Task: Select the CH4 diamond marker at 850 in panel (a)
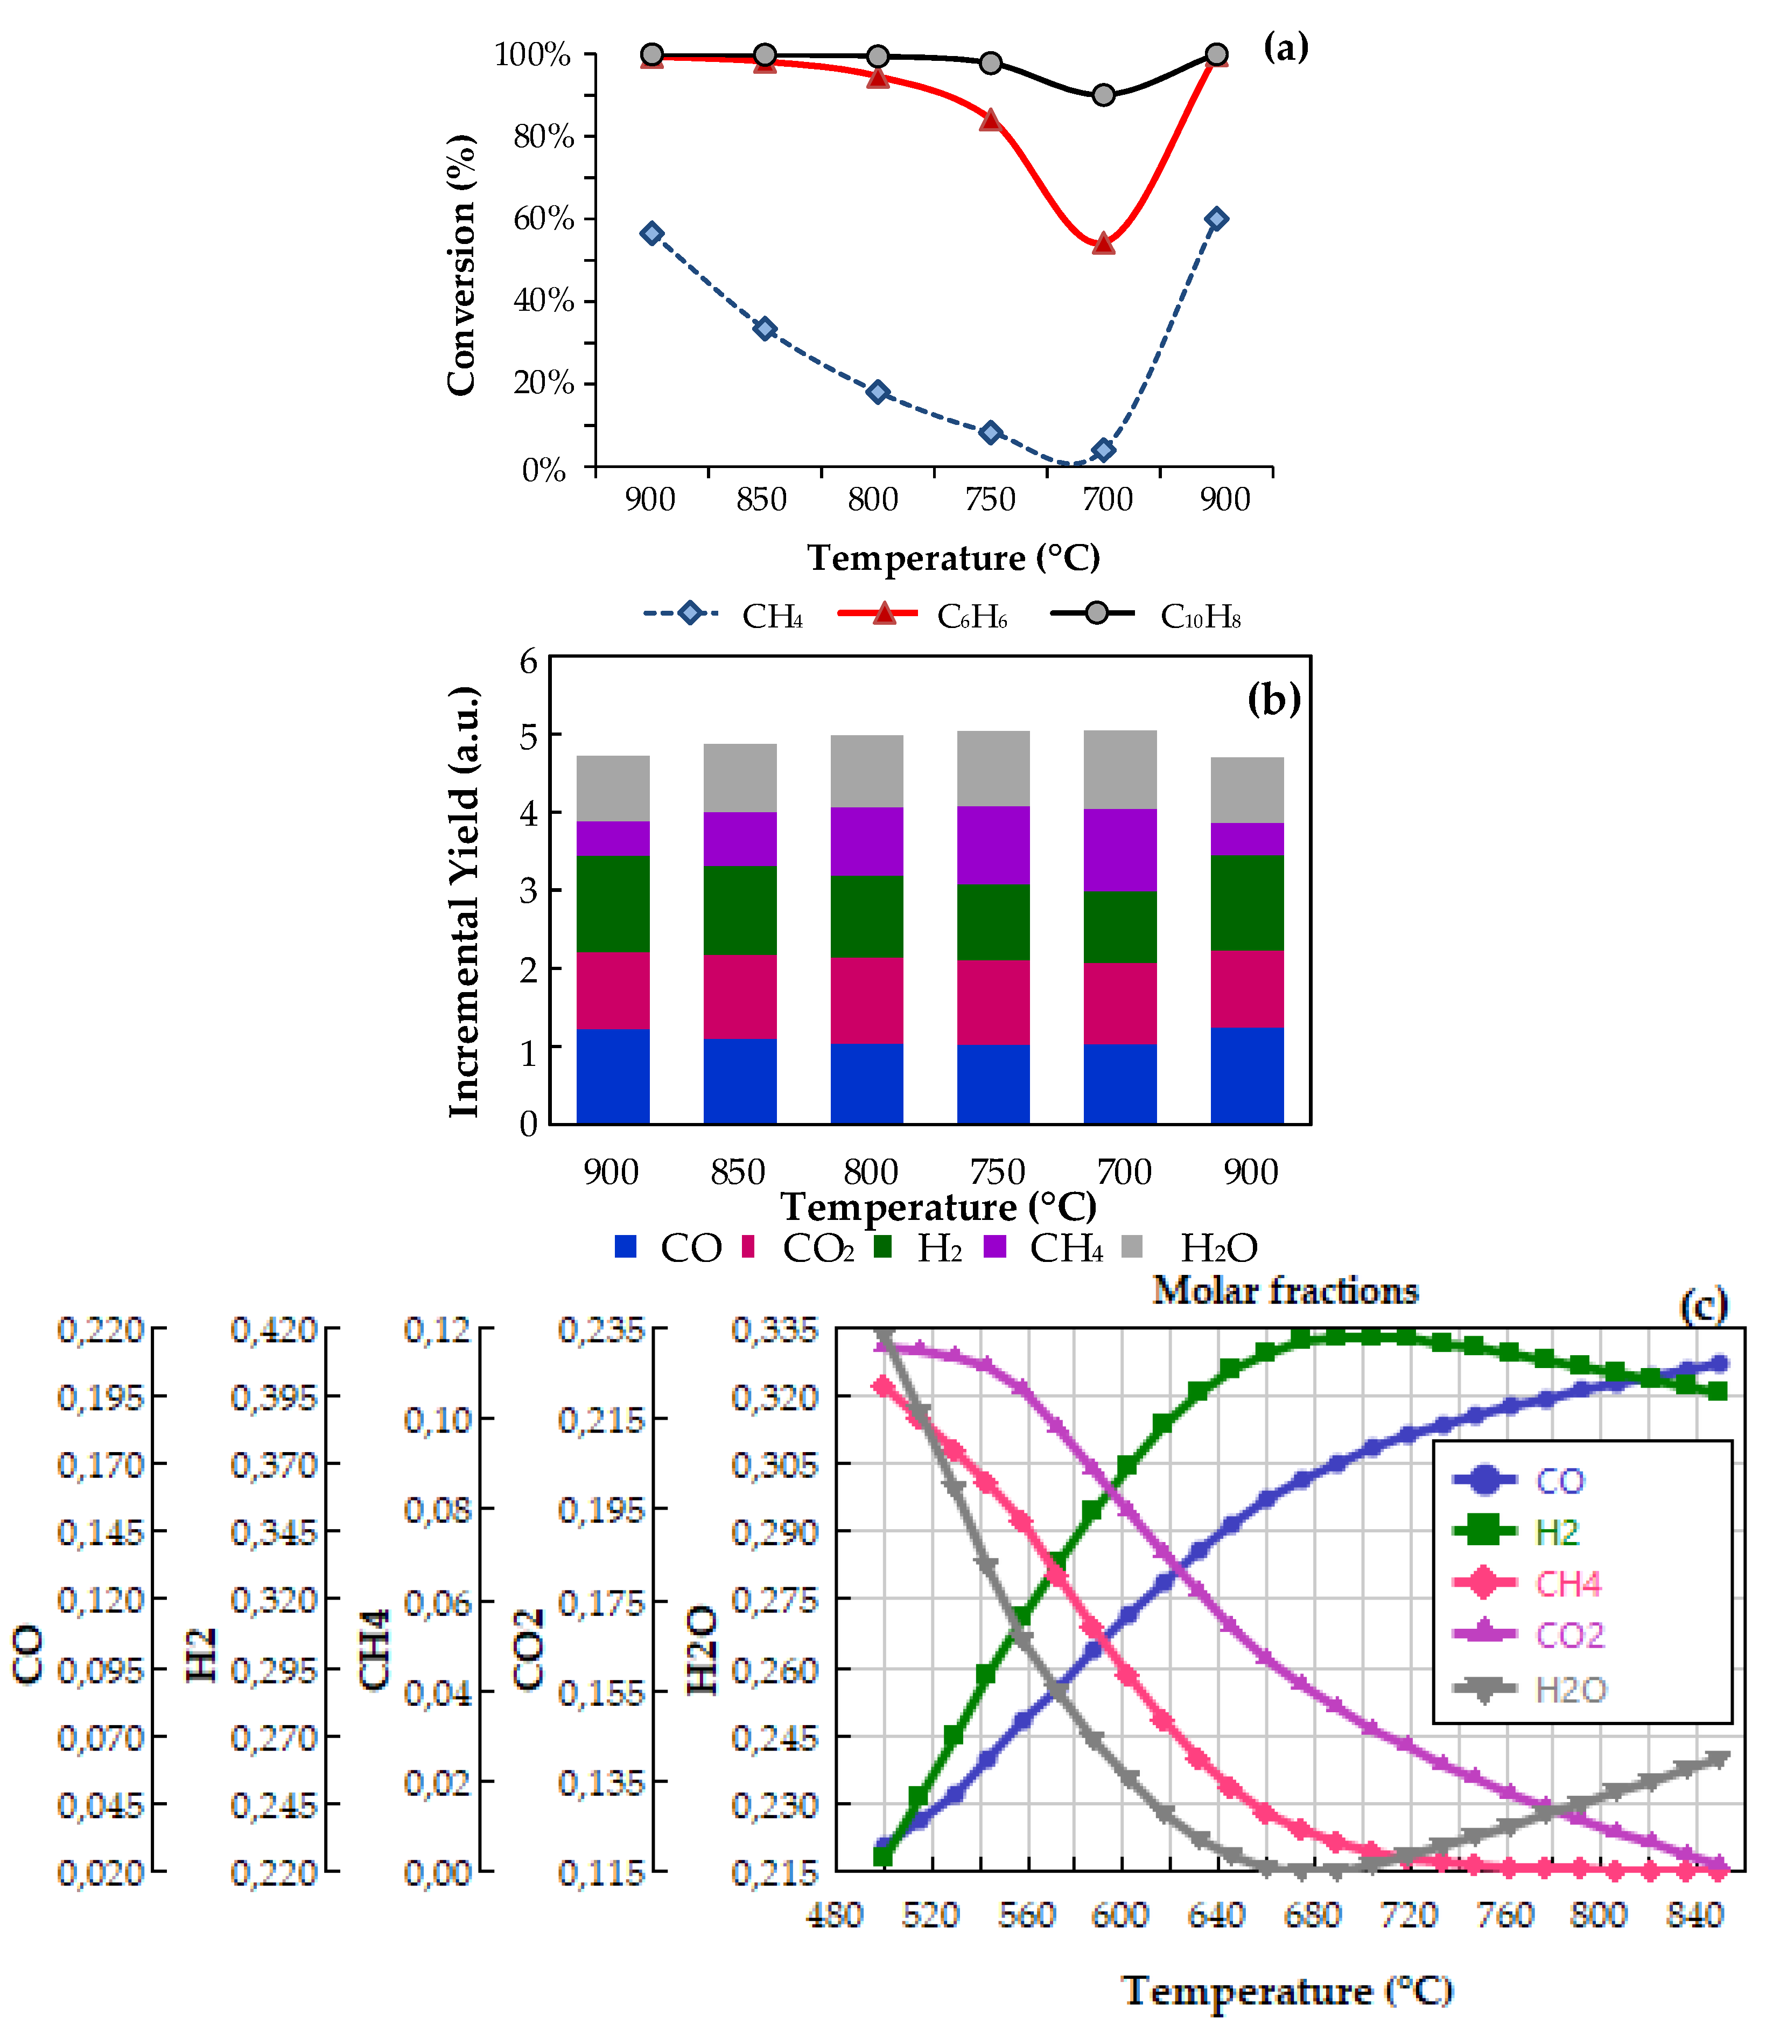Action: (x=765, y=329)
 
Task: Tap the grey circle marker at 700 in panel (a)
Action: (x=1104, y=95)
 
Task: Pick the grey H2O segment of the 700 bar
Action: (x=1119, y=770)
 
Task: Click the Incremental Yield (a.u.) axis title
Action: (x=463, y=902)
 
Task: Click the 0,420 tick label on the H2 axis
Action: (x=274, y=1330)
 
